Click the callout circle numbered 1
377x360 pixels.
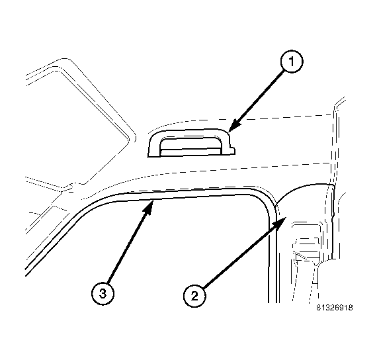[292, 62]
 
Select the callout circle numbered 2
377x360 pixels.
[194, 295]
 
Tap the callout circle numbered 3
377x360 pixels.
[103, 294]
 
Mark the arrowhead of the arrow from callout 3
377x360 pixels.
[149, 207]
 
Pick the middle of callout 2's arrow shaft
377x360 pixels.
[241, 255]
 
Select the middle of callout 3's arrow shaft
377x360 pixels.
[128, 247]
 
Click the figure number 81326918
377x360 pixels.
[335, 308]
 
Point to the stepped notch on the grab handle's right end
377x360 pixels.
[231, 149]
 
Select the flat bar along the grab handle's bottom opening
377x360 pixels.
[190, 152]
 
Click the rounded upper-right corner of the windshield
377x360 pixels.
[131, 138]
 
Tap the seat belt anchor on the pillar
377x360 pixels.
[306, 243]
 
